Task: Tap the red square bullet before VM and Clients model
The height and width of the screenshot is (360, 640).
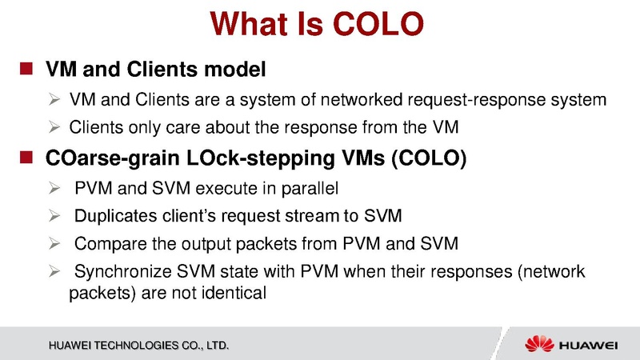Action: tap(26, 70)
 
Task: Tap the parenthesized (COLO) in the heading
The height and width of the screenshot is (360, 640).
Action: tap(426, 158)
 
